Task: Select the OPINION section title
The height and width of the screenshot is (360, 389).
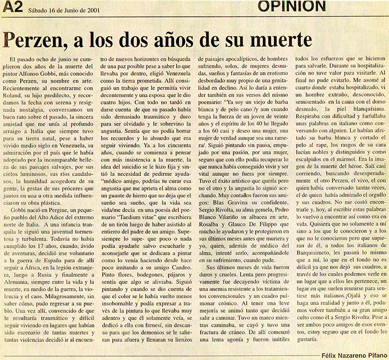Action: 292,7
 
